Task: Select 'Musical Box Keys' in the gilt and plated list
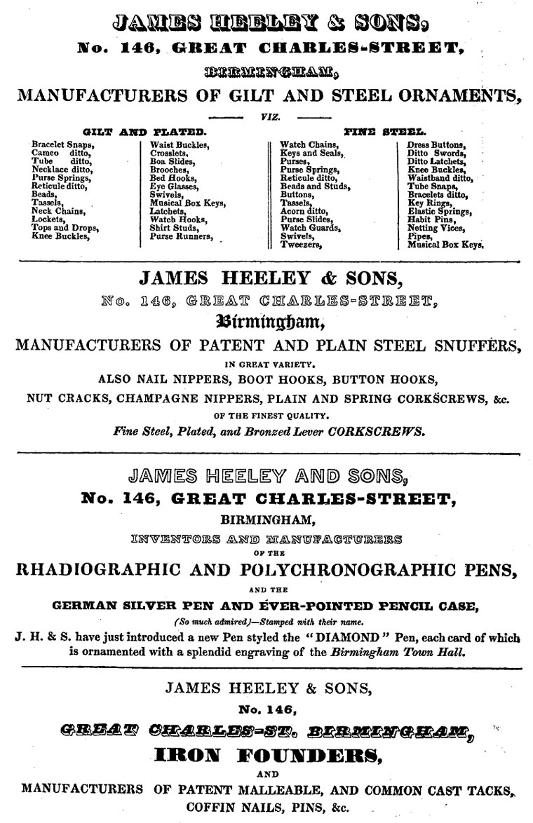187,203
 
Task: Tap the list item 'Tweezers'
301,245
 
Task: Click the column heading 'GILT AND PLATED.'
144,131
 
